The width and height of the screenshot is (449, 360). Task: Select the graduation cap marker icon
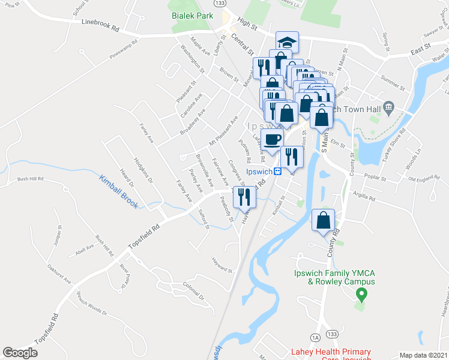288,43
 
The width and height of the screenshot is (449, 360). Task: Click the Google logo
20,353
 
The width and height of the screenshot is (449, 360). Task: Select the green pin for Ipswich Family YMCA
361,295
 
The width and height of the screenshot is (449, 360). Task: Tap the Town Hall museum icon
389,109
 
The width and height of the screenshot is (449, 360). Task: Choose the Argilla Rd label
364,197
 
